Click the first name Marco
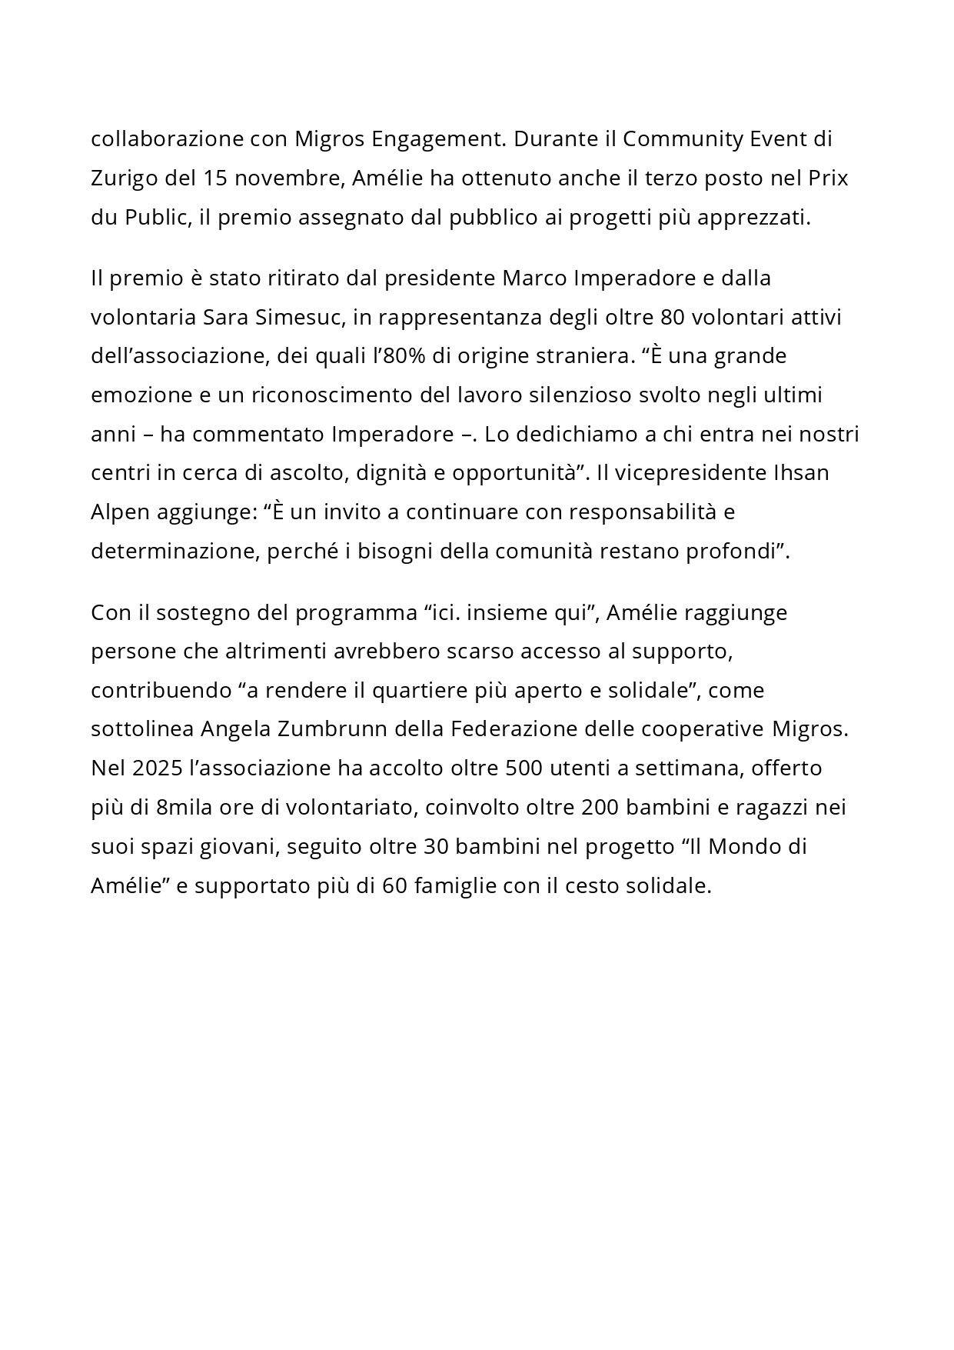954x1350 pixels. [x=535, y=278]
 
